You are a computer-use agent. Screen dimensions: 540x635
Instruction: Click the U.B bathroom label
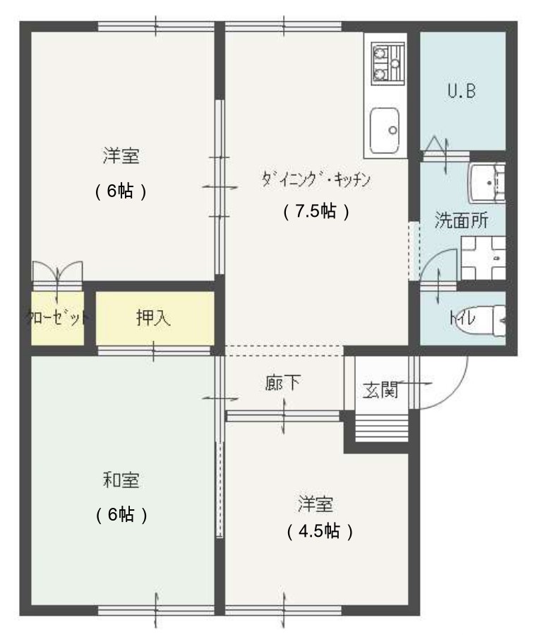click(462, 90)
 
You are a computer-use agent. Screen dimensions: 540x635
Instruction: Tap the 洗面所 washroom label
click(461, 220)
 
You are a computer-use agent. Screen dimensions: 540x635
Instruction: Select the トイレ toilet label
click(462, 319)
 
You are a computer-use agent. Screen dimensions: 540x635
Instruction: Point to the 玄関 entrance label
click(380, 389)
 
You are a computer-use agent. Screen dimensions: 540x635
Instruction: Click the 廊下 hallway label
click(283, 383)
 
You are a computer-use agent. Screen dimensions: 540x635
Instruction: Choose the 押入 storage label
click(153, 318)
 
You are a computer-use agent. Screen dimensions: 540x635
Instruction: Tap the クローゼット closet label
click(57, 318)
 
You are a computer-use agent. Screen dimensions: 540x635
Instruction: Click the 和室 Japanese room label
click(121, 480)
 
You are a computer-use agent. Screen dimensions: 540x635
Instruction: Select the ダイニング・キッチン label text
click(316, 179)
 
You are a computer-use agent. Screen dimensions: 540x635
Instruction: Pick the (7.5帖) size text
click(316, 211)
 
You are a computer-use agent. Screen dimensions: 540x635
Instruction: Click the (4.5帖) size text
click(320, 531)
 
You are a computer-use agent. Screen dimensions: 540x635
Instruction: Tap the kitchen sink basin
click(385, 131)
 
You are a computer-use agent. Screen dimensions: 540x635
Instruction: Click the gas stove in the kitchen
click(388, 64)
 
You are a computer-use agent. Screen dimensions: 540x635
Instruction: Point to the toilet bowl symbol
click(499, 321)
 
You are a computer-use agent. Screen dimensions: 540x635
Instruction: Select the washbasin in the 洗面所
click(487, 183)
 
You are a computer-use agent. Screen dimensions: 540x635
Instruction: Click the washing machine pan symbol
click(484, 259)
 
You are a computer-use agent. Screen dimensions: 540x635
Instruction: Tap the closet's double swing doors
click(57, 272)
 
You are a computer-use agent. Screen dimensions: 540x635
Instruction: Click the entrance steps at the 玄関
click(381, 428)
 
